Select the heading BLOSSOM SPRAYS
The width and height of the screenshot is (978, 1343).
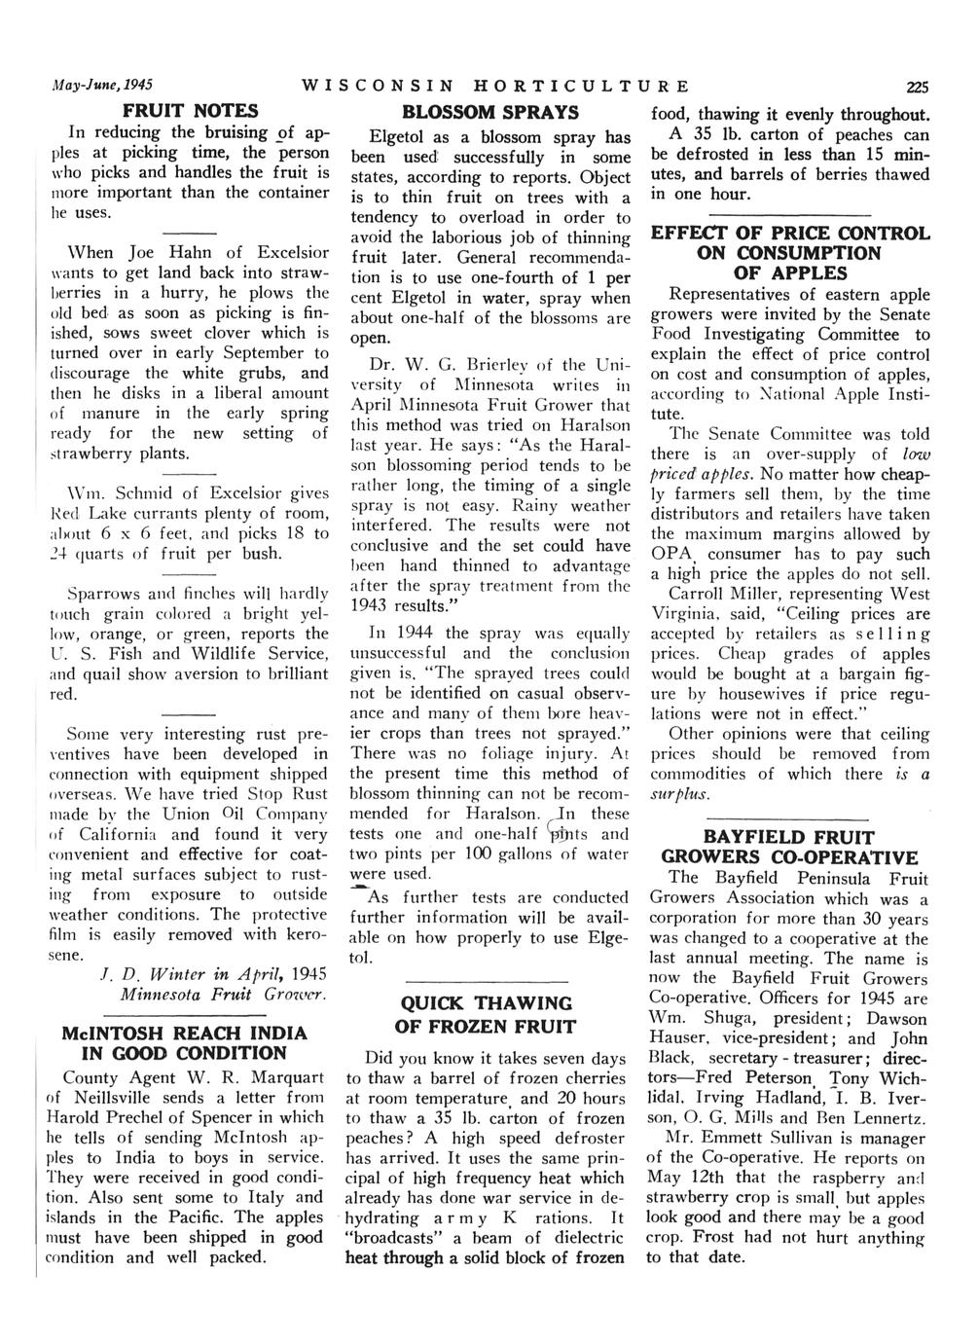490,112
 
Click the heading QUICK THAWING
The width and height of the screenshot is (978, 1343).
487,1002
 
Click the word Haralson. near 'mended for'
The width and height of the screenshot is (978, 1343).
504,813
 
